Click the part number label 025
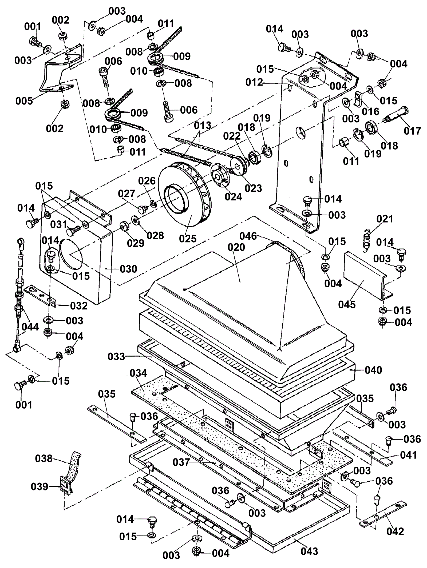188,239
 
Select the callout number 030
128,269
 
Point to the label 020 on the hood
236,247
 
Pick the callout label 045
347,304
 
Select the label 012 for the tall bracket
254,82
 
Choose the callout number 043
309,551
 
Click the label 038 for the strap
44,458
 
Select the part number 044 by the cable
30,327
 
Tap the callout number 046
248,236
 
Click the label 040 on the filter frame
373,370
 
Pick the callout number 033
116,356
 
